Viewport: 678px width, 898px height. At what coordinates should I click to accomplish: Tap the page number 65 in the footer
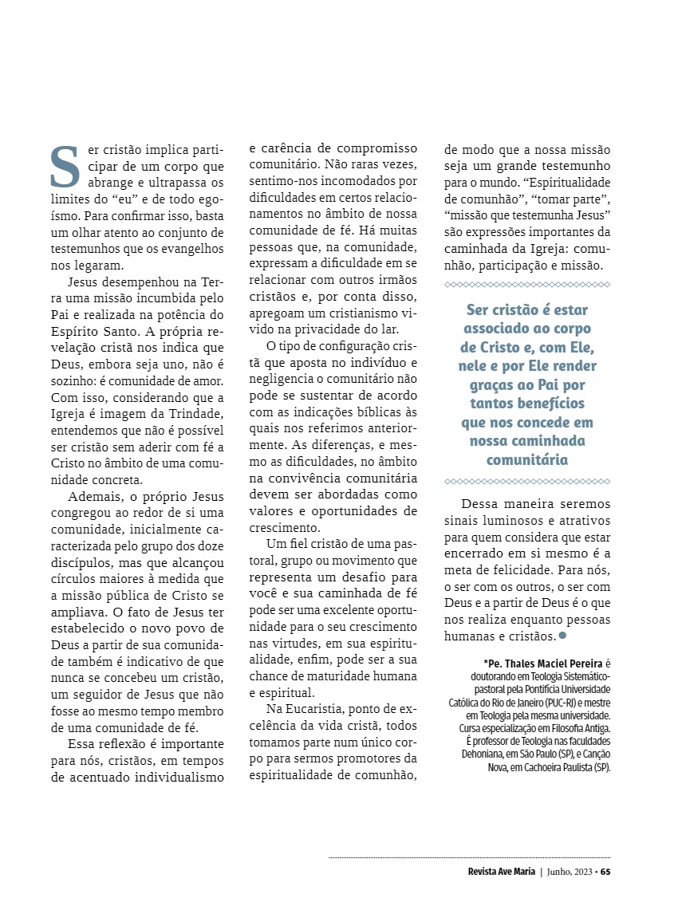click(x=605, y=871)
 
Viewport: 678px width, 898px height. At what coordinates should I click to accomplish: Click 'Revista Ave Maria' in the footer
click(x=501, y=871)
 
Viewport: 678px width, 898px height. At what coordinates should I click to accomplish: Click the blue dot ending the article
click(x=562, y=635)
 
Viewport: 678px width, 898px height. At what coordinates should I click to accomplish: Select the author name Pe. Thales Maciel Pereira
click(x=544, y=662)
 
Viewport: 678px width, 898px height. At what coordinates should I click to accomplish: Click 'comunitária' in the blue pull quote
click(x=526, y=459)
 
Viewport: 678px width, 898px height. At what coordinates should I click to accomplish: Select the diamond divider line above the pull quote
click(x=526, y=284)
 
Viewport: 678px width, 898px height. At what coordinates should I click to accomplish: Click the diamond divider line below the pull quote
click(x=526, y=481)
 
